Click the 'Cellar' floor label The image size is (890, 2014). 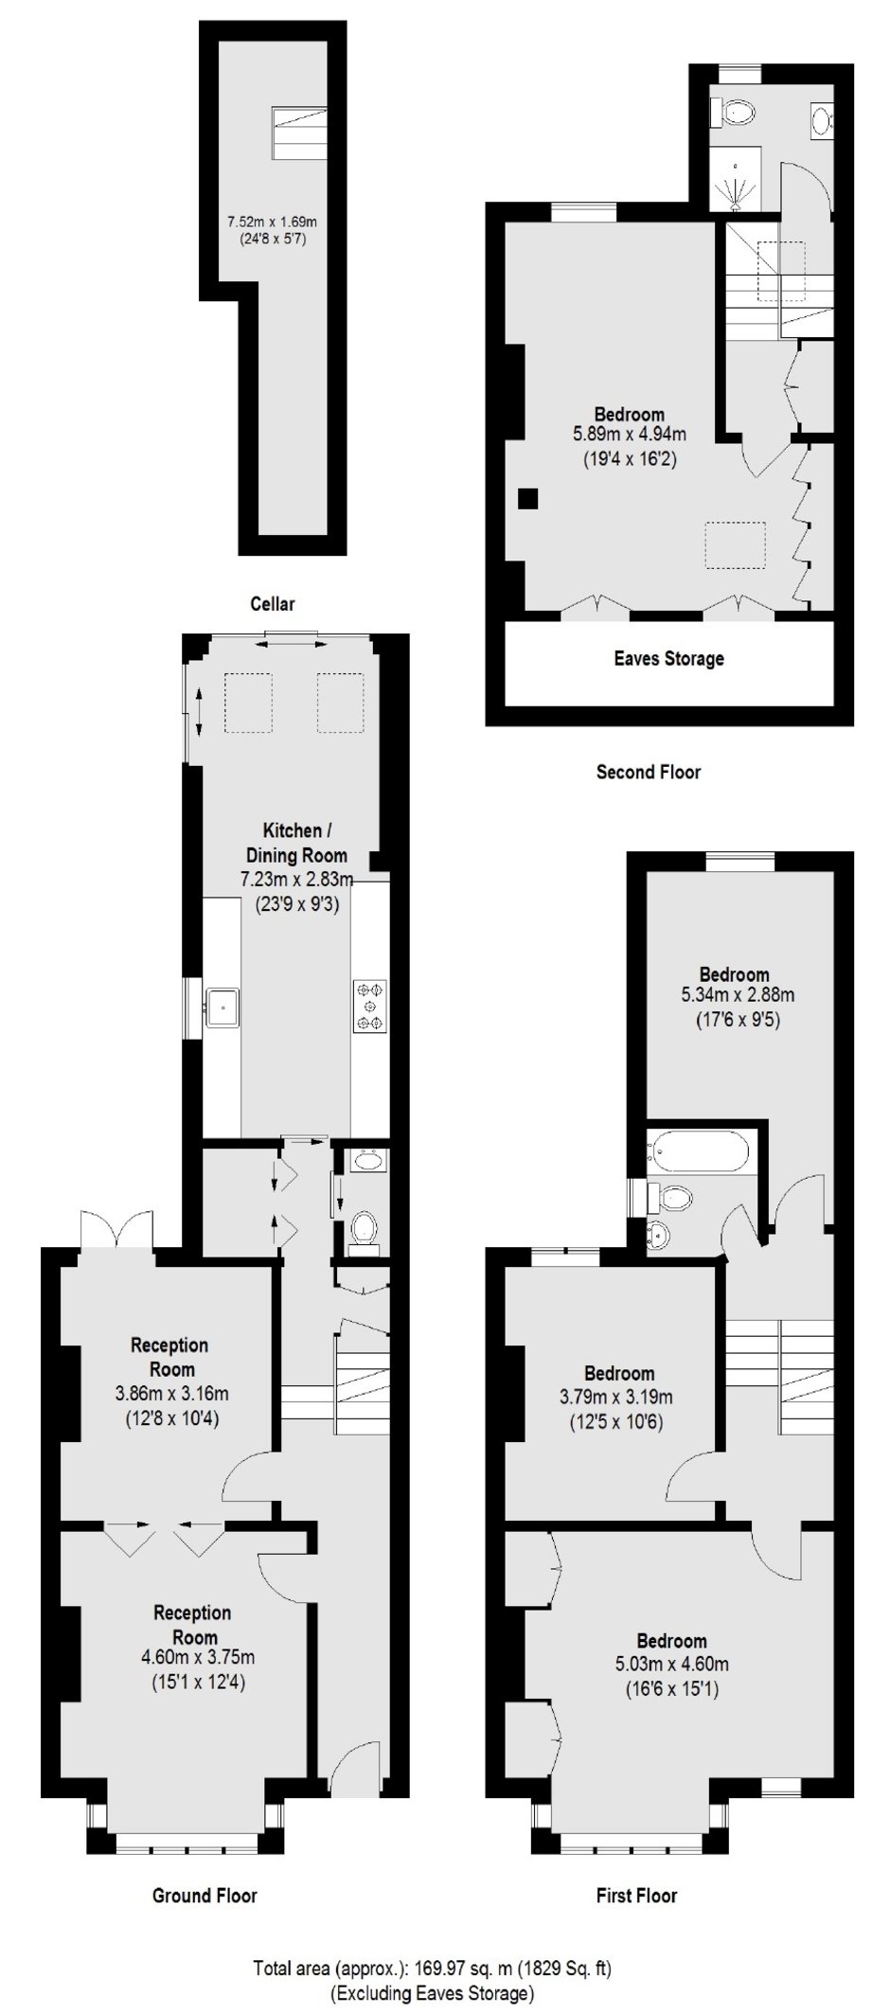[x=273, y=603]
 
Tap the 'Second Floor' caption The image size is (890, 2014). [x=649, y=772]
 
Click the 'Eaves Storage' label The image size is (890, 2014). [x=668, y=658]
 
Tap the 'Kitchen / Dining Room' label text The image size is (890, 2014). [x=297, y=843]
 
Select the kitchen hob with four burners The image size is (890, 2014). [x=370, y=1006]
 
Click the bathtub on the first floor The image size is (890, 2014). [x=698, y=1151]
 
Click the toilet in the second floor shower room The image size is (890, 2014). [x=736, y=113]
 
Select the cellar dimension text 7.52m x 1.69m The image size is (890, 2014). [x=272, y=222]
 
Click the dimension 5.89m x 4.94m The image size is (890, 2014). [x=629, y=436]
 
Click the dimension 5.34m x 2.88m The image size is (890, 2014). [x=738, y=995]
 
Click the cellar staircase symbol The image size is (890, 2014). [x=301, y=133]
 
